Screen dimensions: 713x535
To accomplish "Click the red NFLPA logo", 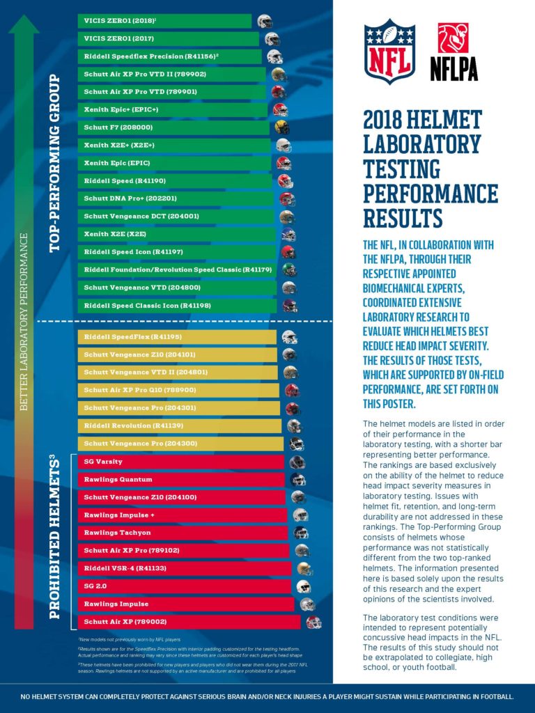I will pyautogui.click(x=453, y=50).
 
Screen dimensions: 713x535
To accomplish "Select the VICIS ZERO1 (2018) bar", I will pyautogui.click(x=164, y=21).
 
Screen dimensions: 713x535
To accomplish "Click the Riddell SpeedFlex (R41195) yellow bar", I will pyautogui.click(x=177, y=337).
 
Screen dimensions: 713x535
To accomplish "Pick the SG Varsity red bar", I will pyautogui.click(x=180, y=462).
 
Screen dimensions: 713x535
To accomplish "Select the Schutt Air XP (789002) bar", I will pyautogui.click(x=189, y=622).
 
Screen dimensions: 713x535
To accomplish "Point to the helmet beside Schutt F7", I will pyautogui.click(x=282, y=127).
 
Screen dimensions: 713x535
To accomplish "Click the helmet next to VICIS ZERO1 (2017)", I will pyautogui.click(x=272, y=39).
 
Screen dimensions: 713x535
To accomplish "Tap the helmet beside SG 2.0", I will pyautogui.click(x=303, y=586).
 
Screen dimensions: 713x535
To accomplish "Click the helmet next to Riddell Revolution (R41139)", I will pyautogui.click(x=295, y=426).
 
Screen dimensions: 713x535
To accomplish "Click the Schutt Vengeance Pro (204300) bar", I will pyautogui.click(x=180, y=444).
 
